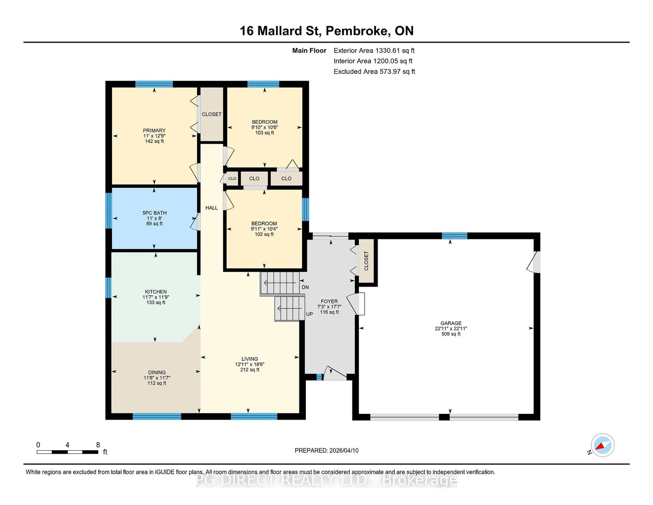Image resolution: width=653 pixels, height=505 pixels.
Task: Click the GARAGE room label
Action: [x=451, y=323]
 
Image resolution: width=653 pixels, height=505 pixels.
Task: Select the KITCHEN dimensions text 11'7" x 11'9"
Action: [x=156, y=297]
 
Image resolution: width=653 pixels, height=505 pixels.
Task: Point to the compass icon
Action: [x=602, y=445]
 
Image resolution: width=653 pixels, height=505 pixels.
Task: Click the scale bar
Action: [x=68, y=452]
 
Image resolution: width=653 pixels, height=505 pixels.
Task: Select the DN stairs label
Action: [x=305, y=287]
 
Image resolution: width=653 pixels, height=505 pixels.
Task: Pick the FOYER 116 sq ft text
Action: [x=329, y=312]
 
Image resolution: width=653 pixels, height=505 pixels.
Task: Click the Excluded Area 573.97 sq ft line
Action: [x=374, y=71]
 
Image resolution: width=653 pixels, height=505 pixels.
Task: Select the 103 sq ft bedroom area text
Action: [x=264, y=133]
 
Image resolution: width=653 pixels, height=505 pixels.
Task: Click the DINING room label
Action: [x=157, y=372]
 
